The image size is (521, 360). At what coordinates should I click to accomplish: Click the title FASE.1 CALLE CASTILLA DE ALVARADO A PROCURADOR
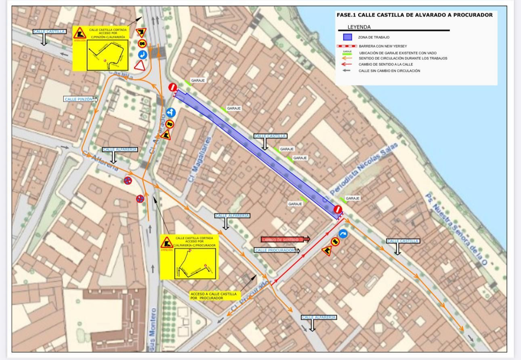point(414,15)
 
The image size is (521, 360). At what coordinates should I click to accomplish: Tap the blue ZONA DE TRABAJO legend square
point(347,37)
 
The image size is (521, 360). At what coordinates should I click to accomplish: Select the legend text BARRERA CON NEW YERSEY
point(383,46)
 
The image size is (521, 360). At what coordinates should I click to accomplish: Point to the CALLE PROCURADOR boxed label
point(275,250)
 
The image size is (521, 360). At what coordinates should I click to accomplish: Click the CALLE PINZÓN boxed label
point(79,99)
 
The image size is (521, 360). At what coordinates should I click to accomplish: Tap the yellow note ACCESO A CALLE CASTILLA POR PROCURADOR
point(214,296)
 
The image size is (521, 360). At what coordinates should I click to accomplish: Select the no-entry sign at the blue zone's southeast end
point(338,209)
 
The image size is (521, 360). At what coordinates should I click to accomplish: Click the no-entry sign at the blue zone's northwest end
point(173,87)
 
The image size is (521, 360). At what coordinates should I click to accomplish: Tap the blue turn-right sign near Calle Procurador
point(343,234)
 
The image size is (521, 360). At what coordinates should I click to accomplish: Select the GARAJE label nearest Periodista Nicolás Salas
point(352,198)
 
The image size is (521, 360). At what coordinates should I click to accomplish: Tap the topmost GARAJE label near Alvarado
point(198,80)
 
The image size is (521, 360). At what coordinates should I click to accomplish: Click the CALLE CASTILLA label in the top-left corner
point(49,32)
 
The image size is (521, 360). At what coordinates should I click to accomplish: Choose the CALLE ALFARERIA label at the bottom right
point(318,317)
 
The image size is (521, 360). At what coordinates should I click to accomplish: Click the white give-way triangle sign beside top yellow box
point(140,65)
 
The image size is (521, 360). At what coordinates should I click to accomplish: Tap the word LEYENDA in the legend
point(359,27)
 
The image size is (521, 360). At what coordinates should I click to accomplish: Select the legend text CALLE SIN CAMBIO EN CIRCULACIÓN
point(389,71)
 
